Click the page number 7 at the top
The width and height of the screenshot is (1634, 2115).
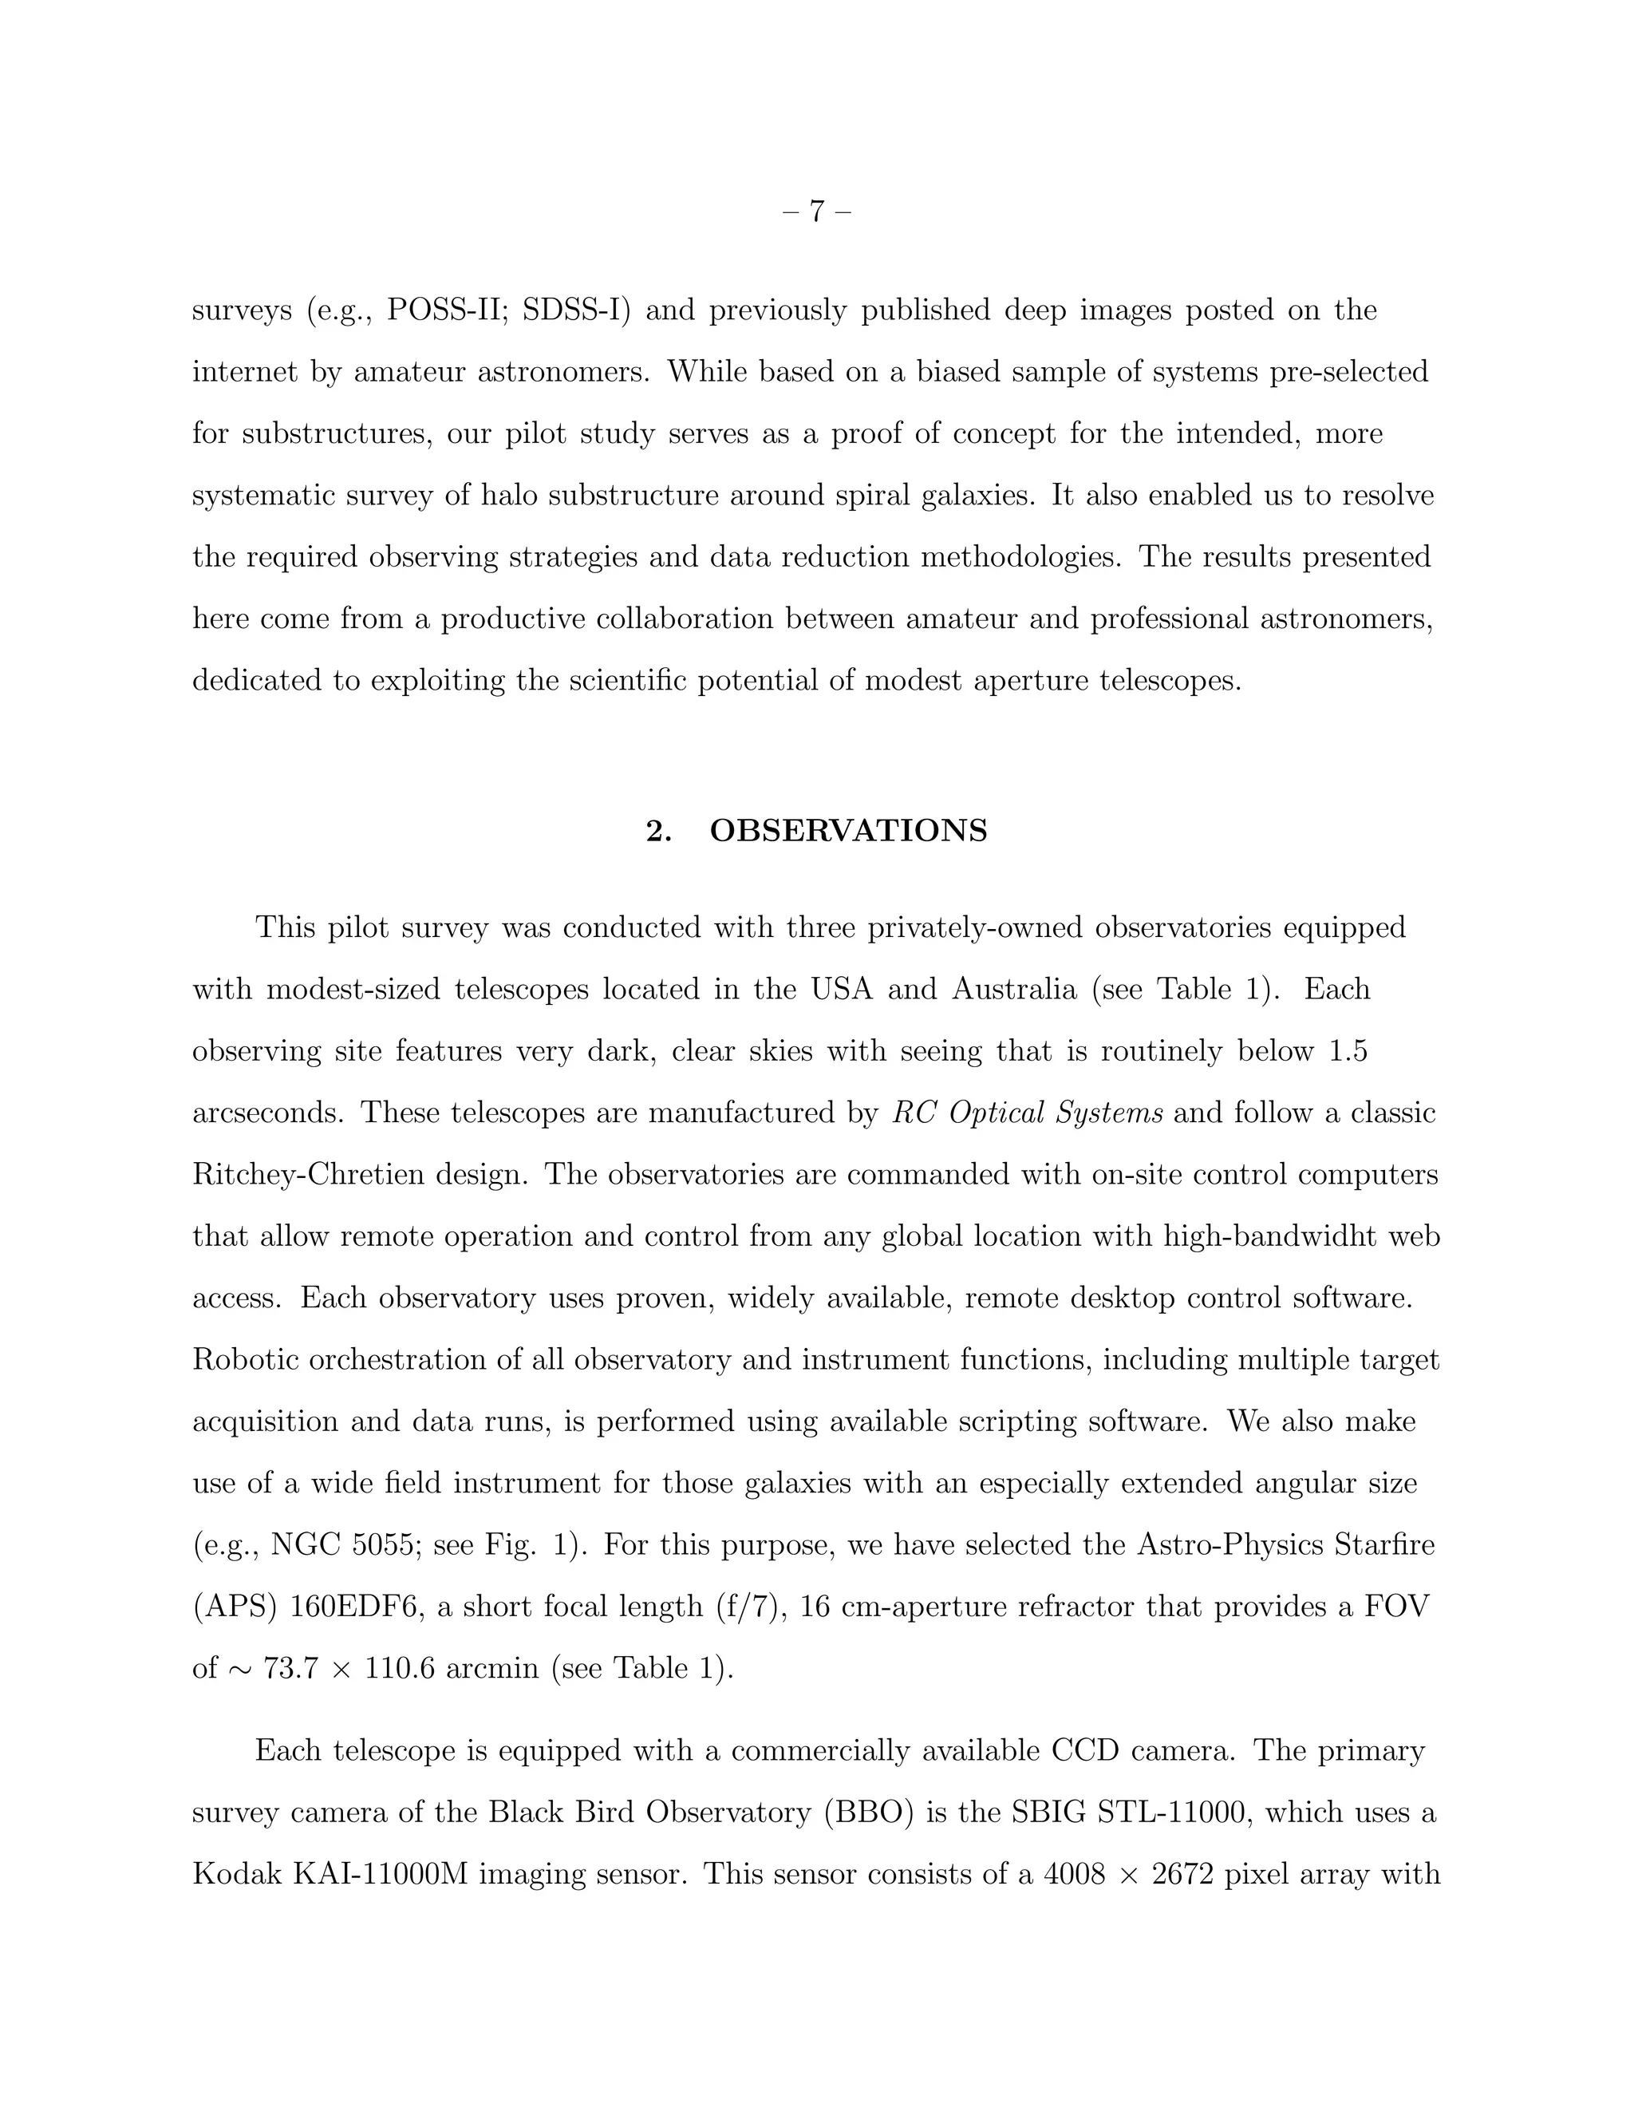coord(817,211)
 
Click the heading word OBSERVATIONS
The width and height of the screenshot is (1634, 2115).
coord(848,831)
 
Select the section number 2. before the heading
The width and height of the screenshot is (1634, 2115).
coord(659,831)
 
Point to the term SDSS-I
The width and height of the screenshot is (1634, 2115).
coord(576,310)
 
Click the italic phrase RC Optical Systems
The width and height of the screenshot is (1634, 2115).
coord(1027,1113)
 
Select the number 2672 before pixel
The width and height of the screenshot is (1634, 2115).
coord(1182,1874)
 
